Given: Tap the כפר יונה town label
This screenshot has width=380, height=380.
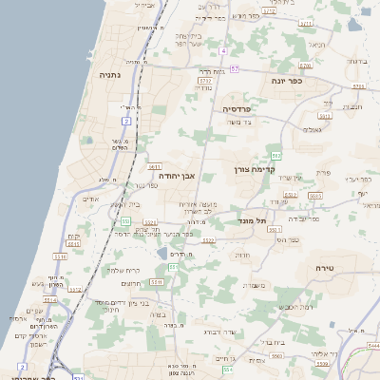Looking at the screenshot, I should (x=285, y=81).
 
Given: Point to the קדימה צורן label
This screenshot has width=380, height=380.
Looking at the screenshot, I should (x=254, y=169).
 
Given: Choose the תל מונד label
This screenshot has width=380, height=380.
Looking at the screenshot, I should (x=252, y=220).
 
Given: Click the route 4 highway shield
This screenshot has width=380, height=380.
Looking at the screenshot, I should (x=223, y=50).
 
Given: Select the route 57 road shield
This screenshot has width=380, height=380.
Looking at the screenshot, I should (x=234, y=69).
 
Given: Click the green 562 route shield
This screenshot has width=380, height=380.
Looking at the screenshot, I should (x=275, y=154).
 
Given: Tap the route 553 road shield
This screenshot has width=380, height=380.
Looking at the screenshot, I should (x=125, y=220).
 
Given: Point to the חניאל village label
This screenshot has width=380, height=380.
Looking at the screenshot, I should (x=316, y=46).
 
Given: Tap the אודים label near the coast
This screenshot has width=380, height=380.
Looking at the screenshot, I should (x=91, y=199).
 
